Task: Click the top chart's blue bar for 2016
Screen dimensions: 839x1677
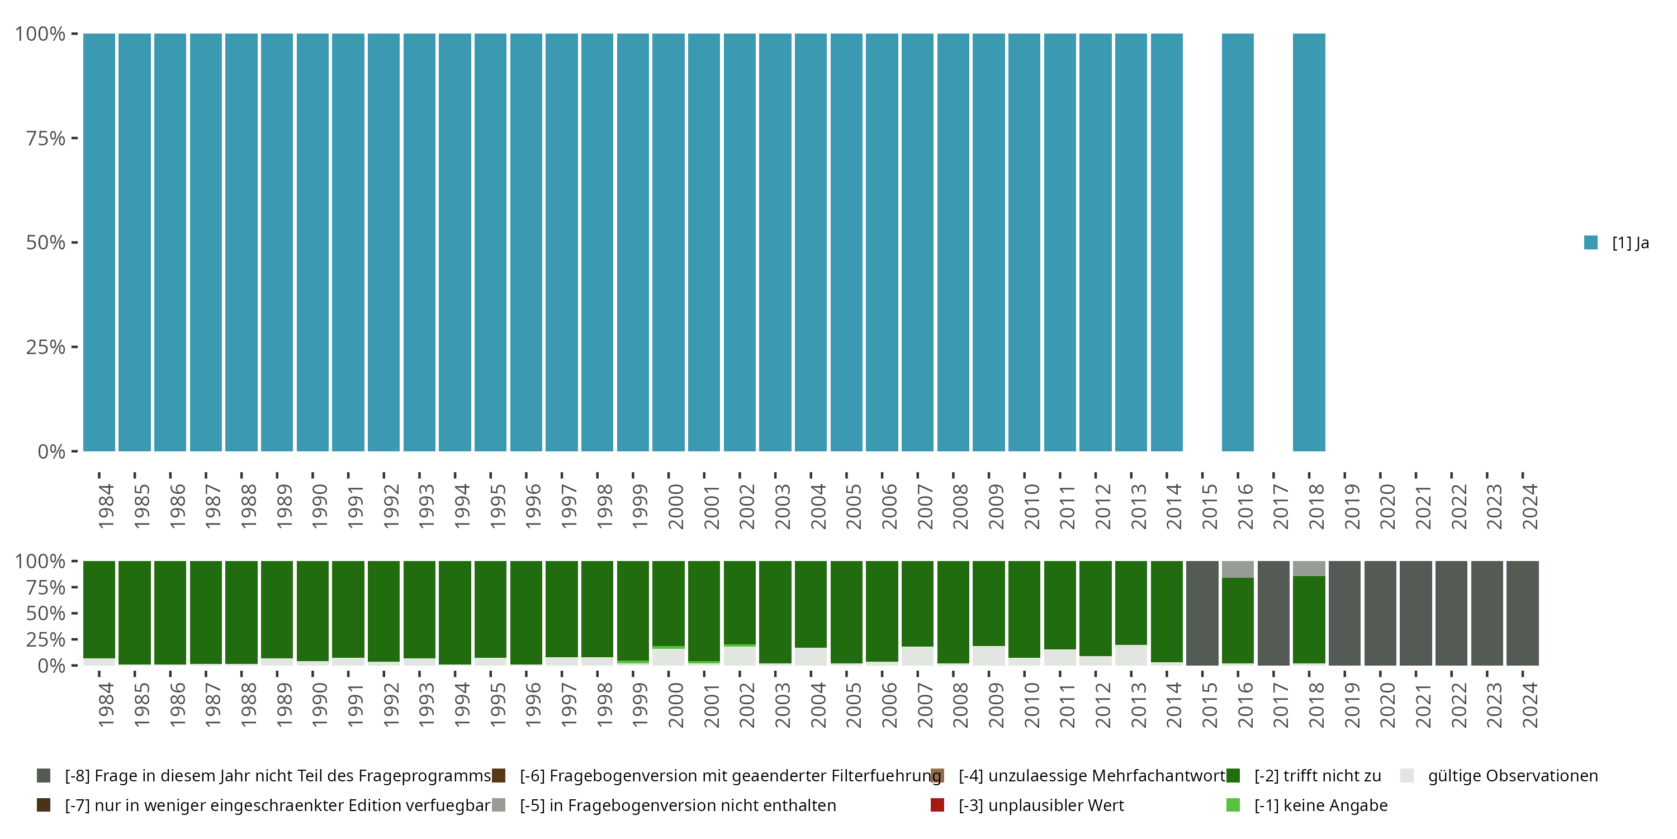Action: pyautogui.click(x=1238, y=242)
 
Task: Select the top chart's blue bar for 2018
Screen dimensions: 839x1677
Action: pyautogui.click(x=1309, y=242)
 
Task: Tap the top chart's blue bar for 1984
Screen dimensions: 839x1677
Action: pyautogui.click(x=99, y=242)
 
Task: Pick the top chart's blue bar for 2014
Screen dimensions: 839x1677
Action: pyautogui.click(x=1167, y=242)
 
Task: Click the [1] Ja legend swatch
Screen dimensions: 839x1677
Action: pyautogui.click(x=1590, y=243)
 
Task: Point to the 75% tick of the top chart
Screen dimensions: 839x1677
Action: pyautogui.click(x=74, y=138)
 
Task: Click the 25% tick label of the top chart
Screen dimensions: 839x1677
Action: pyautogui.click(x=46, y=347)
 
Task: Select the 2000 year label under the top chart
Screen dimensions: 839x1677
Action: pyautogui.click(x=676, y=506)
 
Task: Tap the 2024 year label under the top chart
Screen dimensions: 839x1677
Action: pyautogui.click(x=1530, y=506)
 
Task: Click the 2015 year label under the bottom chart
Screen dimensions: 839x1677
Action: pyautogui.click(x=1210, y=705)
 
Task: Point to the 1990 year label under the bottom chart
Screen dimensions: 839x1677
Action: pyautogui.click(x=320, y=705)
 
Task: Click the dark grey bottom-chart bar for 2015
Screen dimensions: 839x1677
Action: pyautogui.click(x=1202, y=613)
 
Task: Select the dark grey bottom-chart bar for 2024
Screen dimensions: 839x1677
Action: pyautogui.click(x=1522, y=613)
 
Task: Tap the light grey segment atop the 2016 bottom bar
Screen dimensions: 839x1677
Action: pyautogui.click(x=1238, y=569)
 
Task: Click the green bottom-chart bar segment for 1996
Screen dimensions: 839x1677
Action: pyautogui.click(x=526, y=612)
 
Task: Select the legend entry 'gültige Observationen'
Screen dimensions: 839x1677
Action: pyautogui.click(x=1512, y=776)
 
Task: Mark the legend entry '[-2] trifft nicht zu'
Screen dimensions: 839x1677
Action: pyautogui.click(x=1317, y=776)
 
